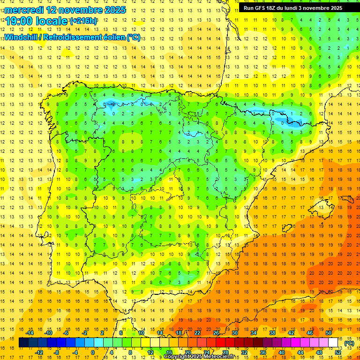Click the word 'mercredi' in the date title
coord(24,9)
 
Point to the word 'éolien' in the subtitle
coord(112,37)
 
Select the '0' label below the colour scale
coord(93,352)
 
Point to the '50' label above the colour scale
coord(329,333)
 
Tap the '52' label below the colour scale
coord(338,352)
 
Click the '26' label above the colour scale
coord(216,333)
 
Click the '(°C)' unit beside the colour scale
coord(349,343)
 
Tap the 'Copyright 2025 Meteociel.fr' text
coord(199,357)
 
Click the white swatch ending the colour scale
coord(333,343)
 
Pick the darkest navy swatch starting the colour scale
coord(24,343)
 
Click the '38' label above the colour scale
coord(272,333)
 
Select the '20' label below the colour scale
coord(188,352)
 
